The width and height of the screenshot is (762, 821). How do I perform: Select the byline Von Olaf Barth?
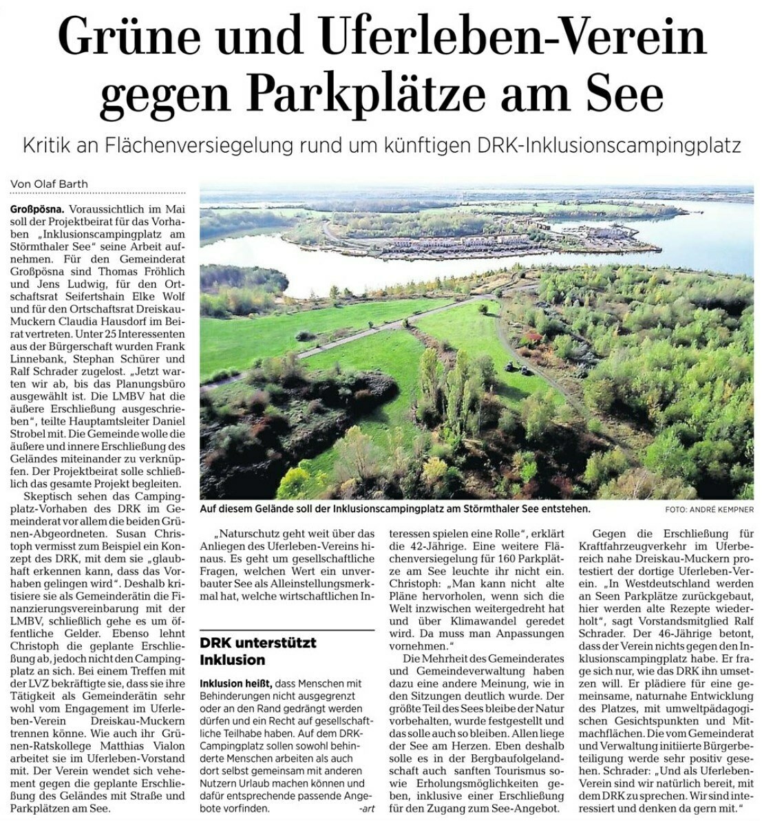point(49,184)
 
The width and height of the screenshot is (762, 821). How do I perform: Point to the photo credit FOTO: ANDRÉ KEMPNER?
point(709,510)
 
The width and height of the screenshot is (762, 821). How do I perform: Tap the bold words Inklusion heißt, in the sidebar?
point(235,683)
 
